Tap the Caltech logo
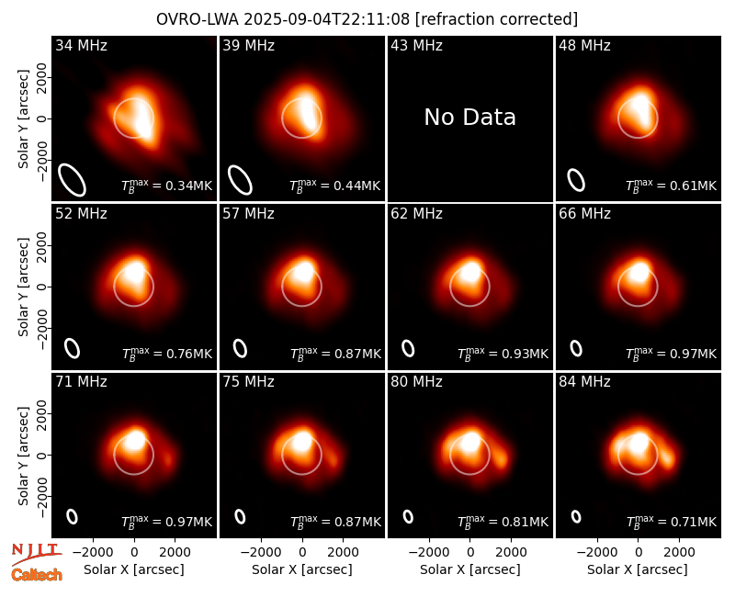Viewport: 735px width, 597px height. pos(37,575)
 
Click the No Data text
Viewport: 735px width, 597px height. pos(469,118)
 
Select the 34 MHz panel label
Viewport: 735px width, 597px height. pos(81,45)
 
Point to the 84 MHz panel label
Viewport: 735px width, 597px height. pos(584,382)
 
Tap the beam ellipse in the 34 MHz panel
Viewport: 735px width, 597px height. pos(72,180)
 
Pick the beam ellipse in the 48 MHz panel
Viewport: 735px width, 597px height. pos(576,180)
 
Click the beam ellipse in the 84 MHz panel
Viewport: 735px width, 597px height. pos(576,516)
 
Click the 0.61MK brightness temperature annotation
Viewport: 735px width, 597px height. pos(672,186)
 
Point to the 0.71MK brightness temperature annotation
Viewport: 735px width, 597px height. pos(672,522)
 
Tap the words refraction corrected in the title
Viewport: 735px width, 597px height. pos(497,19)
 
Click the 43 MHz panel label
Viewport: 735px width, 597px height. pos(417,45)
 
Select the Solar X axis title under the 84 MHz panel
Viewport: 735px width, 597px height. pos(638,569)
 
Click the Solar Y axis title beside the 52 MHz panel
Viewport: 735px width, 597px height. pos(24,287)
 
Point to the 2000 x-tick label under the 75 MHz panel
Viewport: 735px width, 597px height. pos(344,553)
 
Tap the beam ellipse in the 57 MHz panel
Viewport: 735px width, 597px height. pos(240,348)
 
